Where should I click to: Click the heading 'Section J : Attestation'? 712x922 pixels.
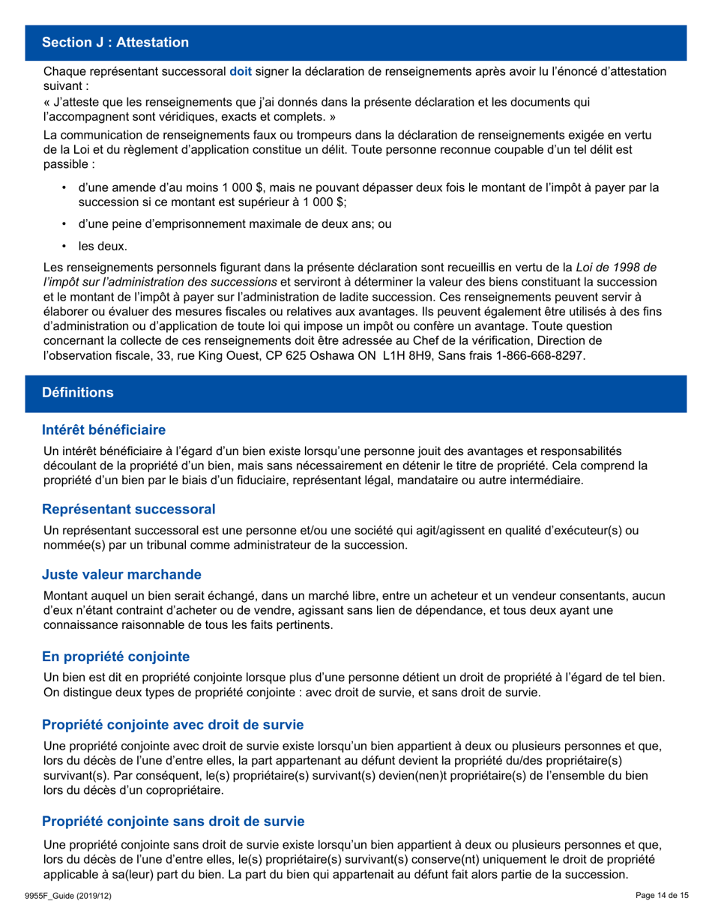(115, 43)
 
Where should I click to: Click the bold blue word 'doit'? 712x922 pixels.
(241, 72)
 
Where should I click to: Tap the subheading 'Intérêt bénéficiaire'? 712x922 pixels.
(103, 430)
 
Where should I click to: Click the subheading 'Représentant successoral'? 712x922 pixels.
(129, 510)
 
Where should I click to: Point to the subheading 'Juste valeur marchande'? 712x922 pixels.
(122, 575)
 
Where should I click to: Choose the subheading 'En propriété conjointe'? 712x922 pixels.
(116, 656)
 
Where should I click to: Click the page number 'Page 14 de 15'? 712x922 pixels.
(661, 896)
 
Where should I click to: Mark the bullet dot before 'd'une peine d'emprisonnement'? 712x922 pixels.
(65, 223)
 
